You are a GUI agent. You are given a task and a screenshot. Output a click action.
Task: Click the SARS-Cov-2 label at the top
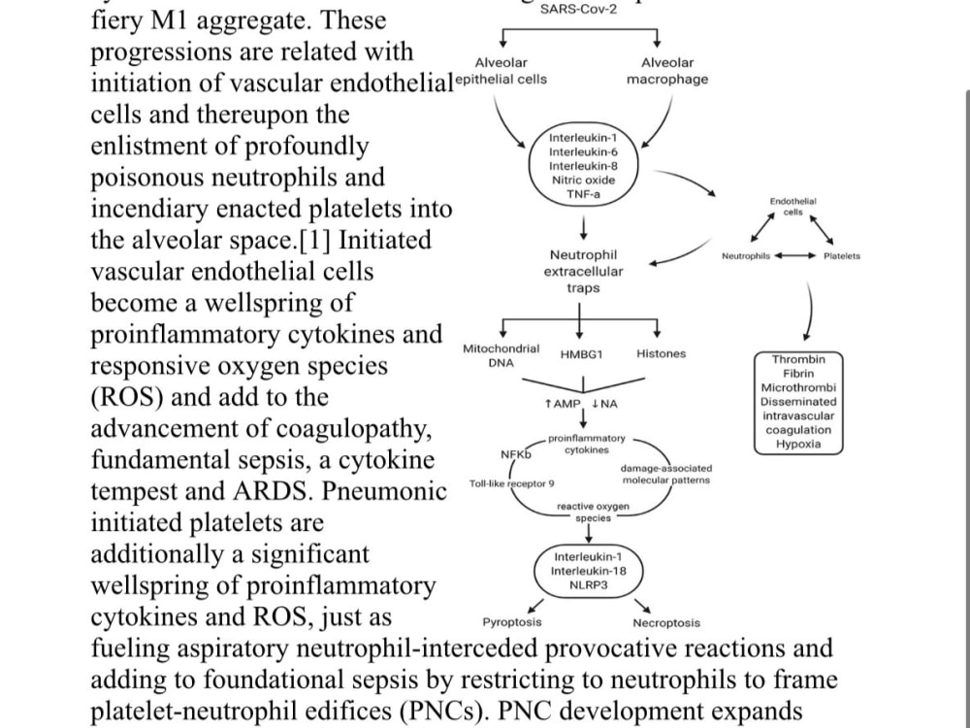tap(578, 10)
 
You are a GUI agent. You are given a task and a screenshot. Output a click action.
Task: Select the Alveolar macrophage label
tap(667, 71)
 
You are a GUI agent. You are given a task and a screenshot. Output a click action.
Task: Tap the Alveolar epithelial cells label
tap(501, 71)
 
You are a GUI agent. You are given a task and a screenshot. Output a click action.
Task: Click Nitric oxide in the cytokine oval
tap(583, 181)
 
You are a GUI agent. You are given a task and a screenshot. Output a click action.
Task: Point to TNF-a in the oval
tap(583, 194)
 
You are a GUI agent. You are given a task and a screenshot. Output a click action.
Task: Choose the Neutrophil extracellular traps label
tap(583, 271)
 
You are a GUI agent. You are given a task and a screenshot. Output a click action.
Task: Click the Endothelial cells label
tap(793, 207)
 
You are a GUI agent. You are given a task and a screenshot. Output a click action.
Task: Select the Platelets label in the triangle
tap(841, 255)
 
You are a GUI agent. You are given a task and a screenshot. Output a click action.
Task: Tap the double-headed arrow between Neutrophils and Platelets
tap(795, 255)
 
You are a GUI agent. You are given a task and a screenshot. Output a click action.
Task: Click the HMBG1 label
tap(581, 354)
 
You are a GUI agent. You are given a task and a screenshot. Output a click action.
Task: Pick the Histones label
tap(661, 353)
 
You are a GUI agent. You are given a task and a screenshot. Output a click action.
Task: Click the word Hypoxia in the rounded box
tap(798, 444)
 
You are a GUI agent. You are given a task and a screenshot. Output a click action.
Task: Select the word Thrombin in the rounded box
tap(798, 359)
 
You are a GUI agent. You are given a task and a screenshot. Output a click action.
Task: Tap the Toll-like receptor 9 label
tap(511, 483)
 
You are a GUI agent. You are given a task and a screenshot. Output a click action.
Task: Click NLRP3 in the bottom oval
tap(589, 585)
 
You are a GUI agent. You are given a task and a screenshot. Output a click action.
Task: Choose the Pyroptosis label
tap(512, 622)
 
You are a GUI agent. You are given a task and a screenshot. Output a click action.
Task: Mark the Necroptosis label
tap(666, 623)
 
